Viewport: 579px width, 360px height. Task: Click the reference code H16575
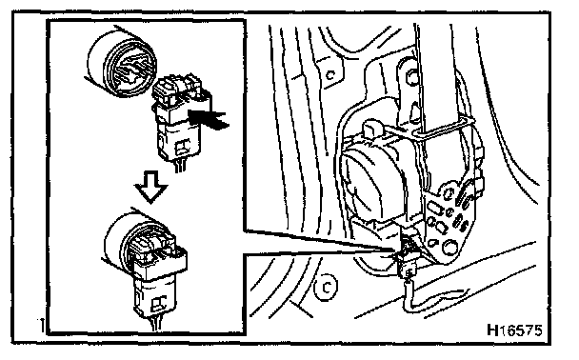click(x=515, y=330)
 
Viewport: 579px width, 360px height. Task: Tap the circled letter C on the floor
click(x=326, y=287)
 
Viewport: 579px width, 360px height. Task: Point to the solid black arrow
click(x=208, y=118)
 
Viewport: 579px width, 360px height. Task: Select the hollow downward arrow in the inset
click(x=150, y=187)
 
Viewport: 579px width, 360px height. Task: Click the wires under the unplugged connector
click(x=179, y=166)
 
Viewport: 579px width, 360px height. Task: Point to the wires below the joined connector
click(x=156, y=324)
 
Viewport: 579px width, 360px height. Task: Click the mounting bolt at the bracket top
click(x=412, y=77)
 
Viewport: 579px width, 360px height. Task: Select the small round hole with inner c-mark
click(x=330, y=75)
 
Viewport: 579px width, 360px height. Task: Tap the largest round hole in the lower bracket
click(x=449, y=247)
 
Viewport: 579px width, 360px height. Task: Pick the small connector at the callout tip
click(x=407, y=255)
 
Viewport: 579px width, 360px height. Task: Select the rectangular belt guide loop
click(x=443, y=130)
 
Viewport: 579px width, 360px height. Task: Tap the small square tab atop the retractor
click(x=372, y=129)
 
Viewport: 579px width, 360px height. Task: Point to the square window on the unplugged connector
click(x=183, y=147)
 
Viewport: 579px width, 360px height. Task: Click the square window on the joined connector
click(x=160, y=303)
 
